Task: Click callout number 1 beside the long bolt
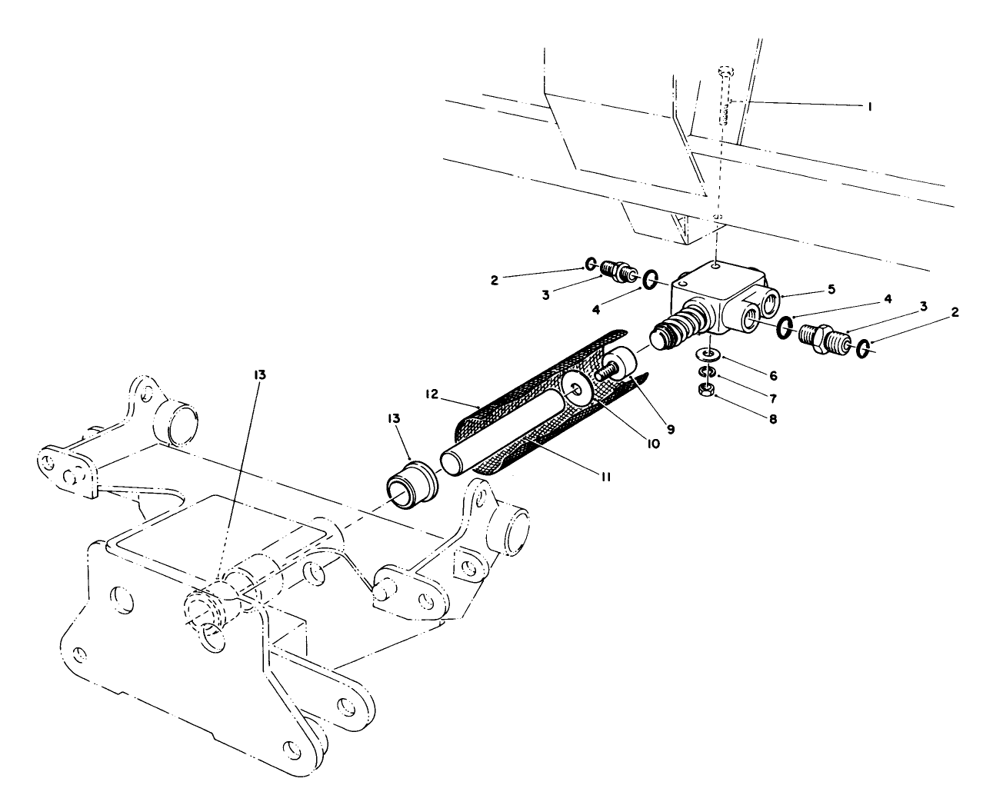coord(869,108)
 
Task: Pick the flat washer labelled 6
coord(708,354)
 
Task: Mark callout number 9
coord(670,429)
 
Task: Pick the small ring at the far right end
coord(864,349)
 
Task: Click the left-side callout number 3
coord(545,294)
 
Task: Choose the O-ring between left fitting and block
coord(649,279)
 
